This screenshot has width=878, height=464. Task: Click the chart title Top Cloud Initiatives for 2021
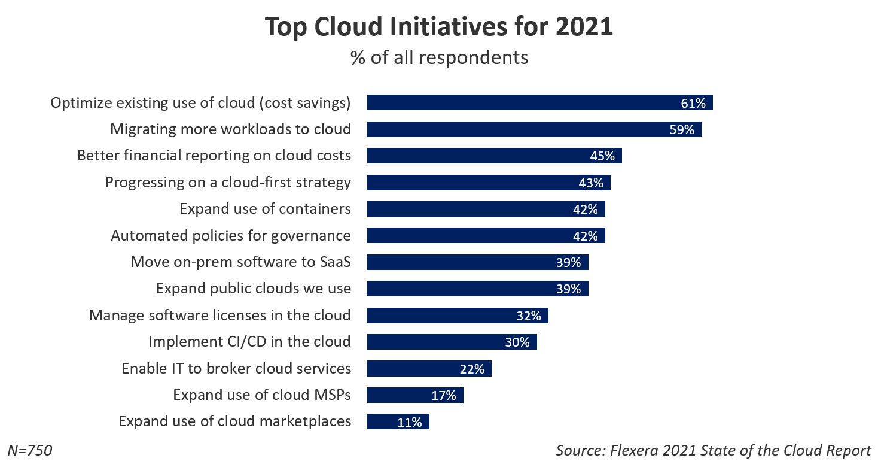[x=439, y=27]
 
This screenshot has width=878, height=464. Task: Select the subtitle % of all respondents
[x=439, y=57]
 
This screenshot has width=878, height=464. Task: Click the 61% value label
[x=693, y=103]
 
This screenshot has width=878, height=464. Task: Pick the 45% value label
[x=602, y=156]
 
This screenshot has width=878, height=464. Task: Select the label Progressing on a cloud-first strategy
[x=228, y=183]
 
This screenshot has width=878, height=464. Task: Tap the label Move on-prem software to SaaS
[x=240, y=262]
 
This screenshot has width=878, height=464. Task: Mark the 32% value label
[x=529, y=316]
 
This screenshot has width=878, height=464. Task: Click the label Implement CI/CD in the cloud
[x=249, y=342]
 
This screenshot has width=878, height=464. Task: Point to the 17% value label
[x=444, y=395]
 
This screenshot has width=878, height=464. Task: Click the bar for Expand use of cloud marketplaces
[x=398, y=421]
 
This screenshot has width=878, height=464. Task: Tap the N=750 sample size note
[x=30, y=450]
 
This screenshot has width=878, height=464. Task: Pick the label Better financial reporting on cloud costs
[x=214, y=156]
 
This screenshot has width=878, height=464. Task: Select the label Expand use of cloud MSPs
[x=262, y=395]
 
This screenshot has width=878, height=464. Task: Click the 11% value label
[x=410, y=421]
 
